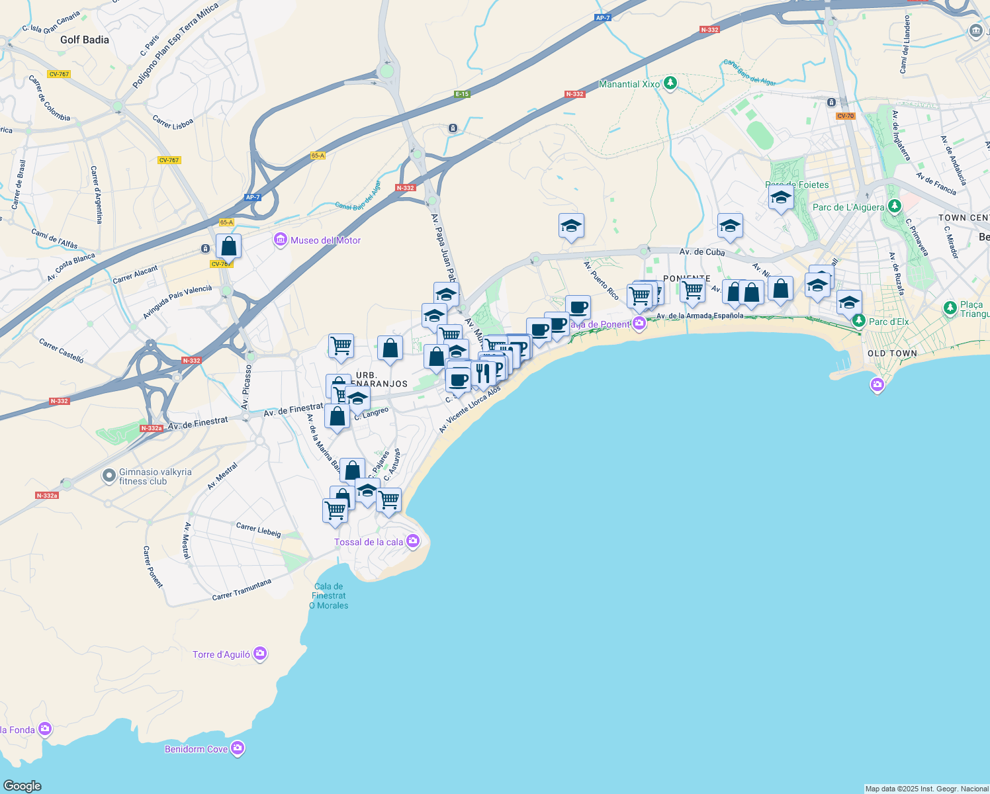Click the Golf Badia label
85,40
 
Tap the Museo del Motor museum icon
281,240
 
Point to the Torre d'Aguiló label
222,654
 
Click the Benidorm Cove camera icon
238,748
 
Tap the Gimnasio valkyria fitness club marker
109,476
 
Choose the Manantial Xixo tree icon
671,83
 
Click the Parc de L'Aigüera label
848,207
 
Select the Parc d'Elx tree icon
859,321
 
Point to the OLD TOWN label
892,353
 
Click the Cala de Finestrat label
329,591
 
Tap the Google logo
22,786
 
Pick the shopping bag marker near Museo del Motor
228,246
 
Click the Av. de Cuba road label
702,252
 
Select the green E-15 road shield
462,94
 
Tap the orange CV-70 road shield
846,116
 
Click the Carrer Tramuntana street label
242,590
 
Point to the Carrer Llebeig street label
259,529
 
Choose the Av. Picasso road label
246,386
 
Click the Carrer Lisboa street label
173,123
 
